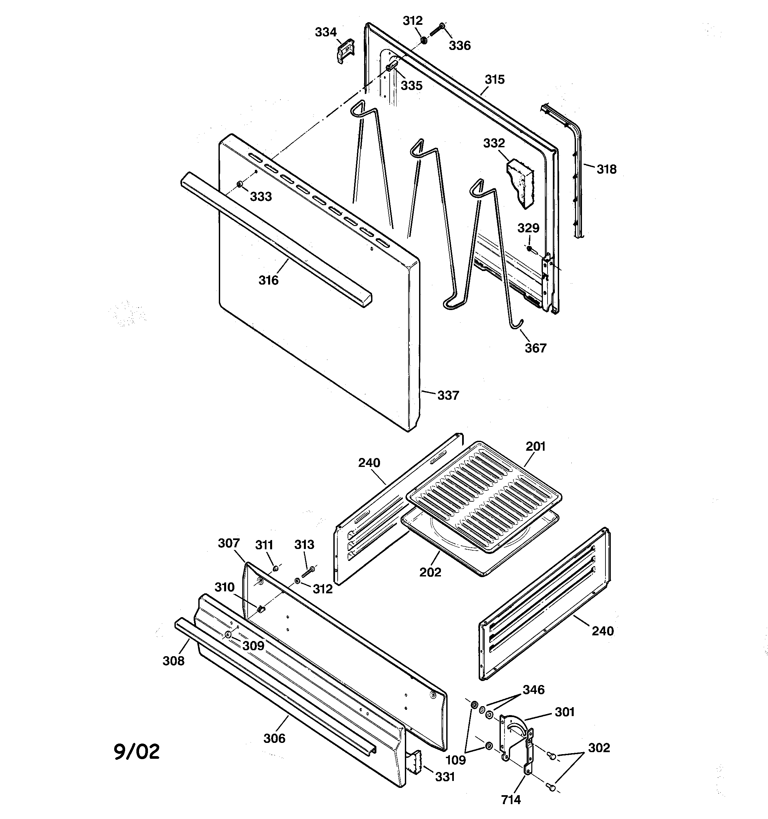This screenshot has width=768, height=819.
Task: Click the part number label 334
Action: pyautogui.click(x=326, y=32)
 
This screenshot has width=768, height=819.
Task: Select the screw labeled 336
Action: pyautogui.click(x=437, y=30)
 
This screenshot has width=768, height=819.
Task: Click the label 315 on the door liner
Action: pyautogui.click(x=494, y=79)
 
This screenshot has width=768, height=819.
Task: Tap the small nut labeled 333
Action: pyautogui.click(x=240, y=183)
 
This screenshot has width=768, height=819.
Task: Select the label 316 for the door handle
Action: pyautogui.click(x=268, y=280)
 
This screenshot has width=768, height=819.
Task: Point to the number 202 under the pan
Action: pyautogui.click(x=430, y=572)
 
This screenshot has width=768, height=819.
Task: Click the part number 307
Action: pyautogui.click(x=229, y=543)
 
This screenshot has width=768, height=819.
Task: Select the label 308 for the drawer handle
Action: pyautogui.click(x=173, y=661)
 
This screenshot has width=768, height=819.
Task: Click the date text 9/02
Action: pyautogui.click(x=136, y=752)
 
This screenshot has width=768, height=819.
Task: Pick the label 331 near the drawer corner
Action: pyautogui.click(x=445, y=777)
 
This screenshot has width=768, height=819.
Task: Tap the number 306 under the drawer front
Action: pyautogui.click(x=274, y=739)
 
